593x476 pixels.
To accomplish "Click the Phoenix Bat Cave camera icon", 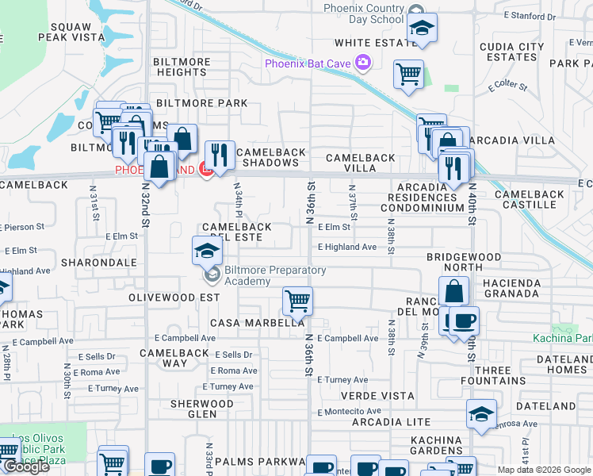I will [x=363, y=63].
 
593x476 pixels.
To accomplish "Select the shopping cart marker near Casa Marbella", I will [x=297, y=301].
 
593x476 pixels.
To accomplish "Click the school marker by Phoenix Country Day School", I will [x=423, y=28].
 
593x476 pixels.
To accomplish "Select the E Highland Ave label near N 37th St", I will [x=347, y=248].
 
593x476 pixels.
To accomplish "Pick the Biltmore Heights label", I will [x=182, y=67].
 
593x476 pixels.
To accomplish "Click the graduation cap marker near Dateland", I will [x=480, y=414].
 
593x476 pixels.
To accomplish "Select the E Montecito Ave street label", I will [x=350, y=411].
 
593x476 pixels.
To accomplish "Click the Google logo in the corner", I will [x=26, y=466].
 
